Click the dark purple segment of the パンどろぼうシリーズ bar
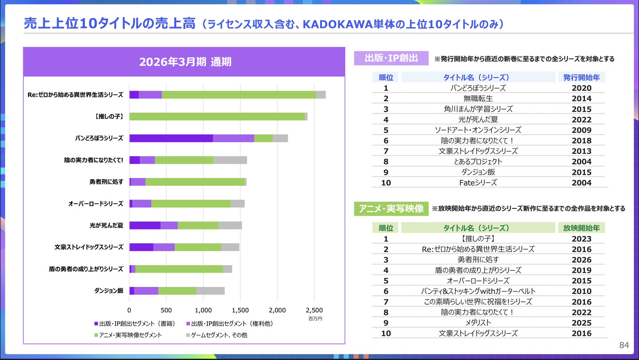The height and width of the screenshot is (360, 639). click(171, 138)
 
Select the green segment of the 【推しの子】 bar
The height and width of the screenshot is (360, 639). click(217, 116)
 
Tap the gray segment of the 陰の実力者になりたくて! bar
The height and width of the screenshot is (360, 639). click(230, 160)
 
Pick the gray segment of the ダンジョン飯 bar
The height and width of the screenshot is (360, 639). click(210, 291)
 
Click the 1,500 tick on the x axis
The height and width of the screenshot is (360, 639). click(240, 310)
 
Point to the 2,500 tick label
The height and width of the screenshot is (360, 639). click(314, 310)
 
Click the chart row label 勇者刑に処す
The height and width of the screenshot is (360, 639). click(106, 182)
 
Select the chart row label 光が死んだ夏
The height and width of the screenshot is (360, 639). click(106, 225)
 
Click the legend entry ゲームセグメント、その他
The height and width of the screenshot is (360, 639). click(217, 335)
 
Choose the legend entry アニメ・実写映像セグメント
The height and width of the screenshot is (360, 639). click(128, 335)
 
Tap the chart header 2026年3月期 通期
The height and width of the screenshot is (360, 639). click(185, 62)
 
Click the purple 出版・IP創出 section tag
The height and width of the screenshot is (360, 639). click(391, 58)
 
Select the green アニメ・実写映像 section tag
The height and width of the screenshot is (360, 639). click(391, 209)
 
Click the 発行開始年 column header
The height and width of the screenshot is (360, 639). click(581, 77)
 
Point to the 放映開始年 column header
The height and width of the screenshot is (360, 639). click(581, 228)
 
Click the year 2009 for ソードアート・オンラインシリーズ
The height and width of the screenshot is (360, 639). click(582, 130)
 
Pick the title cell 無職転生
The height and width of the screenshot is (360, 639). click(478, 99)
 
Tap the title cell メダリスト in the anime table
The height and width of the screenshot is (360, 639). click(478, 323)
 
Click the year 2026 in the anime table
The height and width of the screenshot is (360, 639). click(582, 260)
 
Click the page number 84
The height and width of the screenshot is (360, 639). click(624, 345)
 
